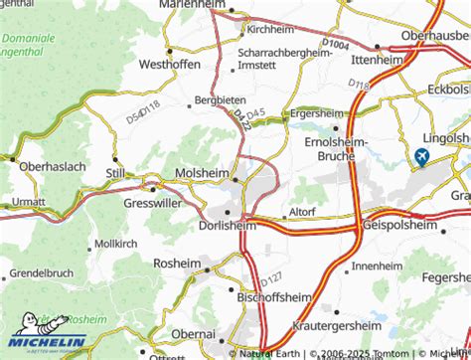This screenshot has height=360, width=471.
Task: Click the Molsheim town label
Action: tap(202, 172)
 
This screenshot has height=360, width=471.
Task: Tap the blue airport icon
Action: tap(422, 156)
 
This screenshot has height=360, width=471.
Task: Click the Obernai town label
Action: tap(192, 330)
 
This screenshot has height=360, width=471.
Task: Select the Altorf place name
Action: tap(300, 212)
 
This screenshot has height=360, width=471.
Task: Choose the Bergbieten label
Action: tap(219, 100)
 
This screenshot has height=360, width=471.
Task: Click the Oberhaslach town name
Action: tap(45, 165)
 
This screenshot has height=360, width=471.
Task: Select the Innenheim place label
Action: tap(377, 268)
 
